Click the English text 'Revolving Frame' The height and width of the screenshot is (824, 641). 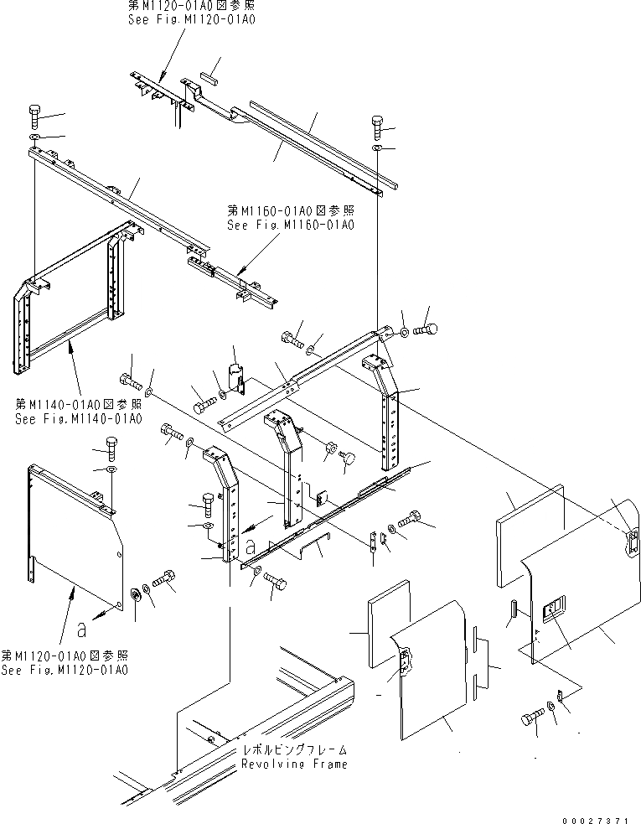293,764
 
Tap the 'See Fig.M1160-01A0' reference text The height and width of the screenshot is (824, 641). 291,225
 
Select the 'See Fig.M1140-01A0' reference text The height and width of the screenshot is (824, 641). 78,418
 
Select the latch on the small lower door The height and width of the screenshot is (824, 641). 406,661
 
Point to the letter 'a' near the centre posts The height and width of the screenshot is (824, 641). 251,545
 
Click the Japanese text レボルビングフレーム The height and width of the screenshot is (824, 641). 293,751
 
